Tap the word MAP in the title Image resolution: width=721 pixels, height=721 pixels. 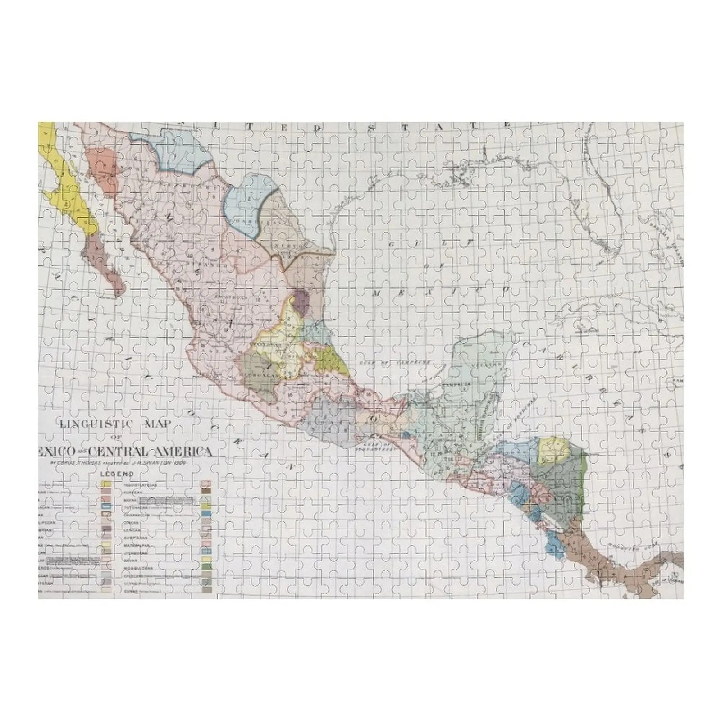click(x=157, y=423)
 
